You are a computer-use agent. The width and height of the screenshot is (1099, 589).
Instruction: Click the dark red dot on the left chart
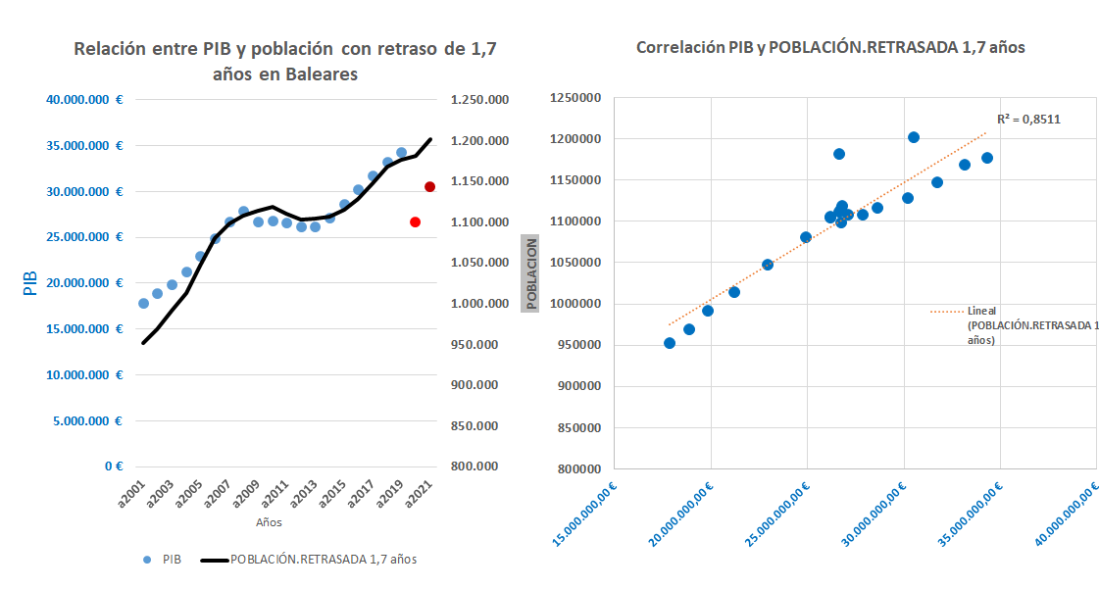429,186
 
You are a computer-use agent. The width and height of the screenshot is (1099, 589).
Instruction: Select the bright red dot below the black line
415,222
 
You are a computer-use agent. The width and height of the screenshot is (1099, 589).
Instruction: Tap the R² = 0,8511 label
1028,119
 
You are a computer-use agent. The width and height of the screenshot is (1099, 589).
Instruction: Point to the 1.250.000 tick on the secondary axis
479,100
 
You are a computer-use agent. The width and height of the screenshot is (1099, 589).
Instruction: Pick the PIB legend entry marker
146,560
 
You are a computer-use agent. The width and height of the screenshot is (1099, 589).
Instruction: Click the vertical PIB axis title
29,283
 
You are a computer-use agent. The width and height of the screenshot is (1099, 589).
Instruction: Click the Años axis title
269,523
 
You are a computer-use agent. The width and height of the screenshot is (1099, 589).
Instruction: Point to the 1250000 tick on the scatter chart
575,98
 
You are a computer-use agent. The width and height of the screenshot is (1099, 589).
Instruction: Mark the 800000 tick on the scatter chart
578,468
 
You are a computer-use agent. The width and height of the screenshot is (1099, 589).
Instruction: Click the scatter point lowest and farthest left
670,343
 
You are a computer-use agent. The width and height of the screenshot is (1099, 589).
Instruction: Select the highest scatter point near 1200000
914,137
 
